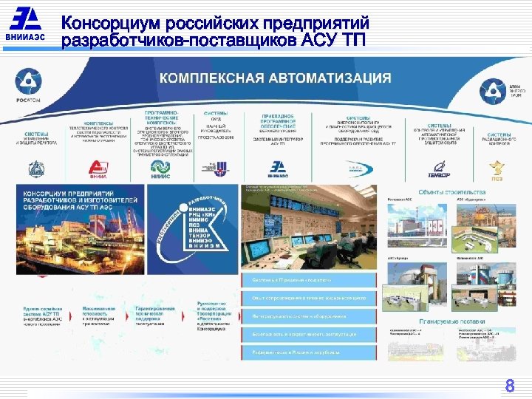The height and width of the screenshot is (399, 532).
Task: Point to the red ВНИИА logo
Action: coord(98,169)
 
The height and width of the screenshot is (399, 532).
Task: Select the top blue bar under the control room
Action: coord(310,281)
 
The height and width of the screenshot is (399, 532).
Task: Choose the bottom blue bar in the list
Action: coord(310,353)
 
